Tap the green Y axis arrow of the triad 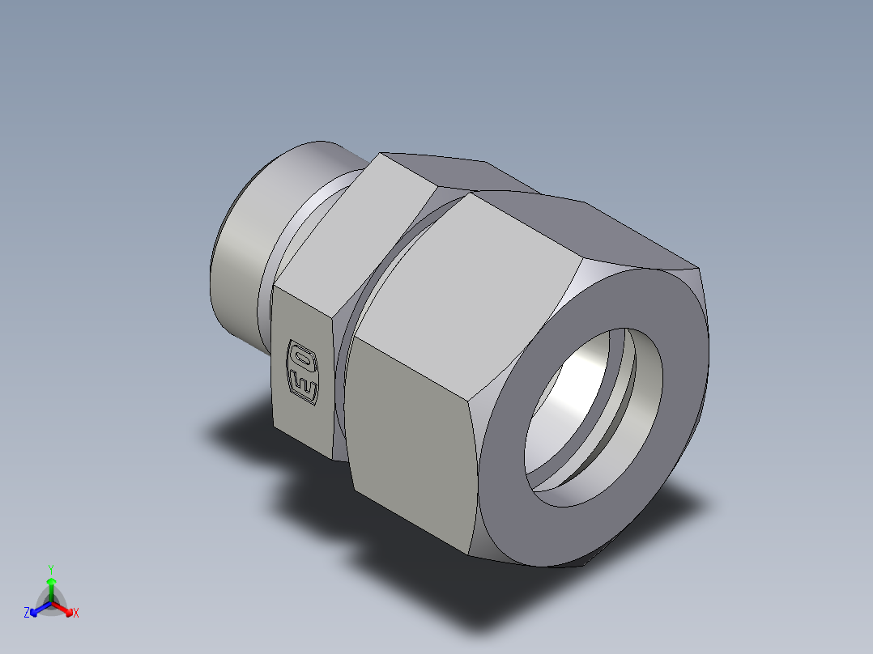[51, 584]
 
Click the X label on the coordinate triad [75, 614]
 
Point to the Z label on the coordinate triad [27, 614]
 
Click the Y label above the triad [51, 569]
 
